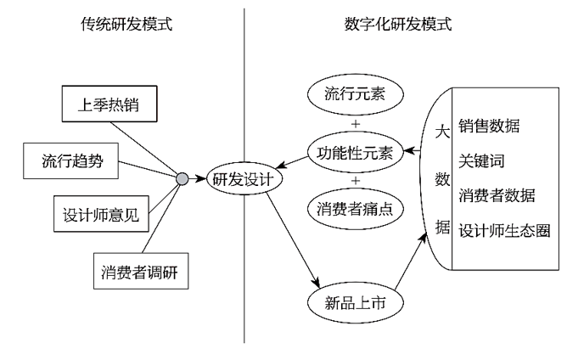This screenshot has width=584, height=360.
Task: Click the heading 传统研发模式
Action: (121, 24)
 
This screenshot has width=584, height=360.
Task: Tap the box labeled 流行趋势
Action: (73, 160)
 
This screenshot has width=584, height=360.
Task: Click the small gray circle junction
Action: (182, 179)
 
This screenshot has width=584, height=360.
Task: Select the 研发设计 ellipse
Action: (245, 179)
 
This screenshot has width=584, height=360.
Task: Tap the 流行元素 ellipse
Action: (354, 92)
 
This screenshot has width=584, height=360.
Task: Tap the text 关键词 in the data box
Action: (482, 160)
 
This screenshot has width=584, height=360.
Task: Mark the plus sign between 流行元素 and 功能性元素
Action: (355, 124)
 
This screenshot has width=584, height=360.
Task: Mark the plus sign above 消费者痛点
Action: (355, 181)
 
